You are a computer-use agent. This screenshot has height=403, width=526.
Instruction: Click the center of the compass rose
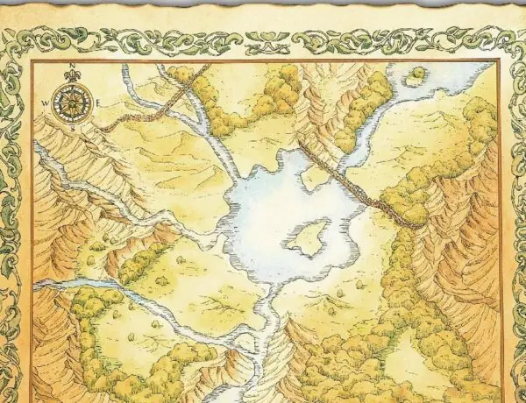(x=71, y=103)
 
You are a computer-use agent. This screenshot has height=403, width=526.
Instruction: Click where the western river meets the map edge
(x=38, y=286)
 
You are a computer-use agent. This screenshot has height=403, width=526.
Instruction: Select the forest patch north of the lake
(x=272, y=92)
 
